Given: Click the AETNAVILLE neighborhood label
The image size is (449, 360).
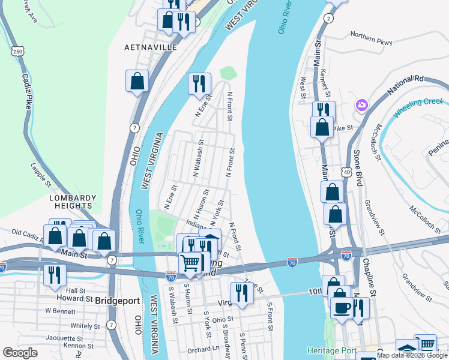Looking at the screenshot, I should [151, 47].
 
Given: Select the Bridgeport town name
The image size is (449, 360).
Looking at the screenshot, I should [118, 298].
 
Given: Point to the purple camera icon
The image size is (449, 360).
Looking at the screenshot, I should [361, 105].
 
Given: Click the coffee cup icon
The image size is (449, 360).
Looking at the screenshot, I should [342, 307].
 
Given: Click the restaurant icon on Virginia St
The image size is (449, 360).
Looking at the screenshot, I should [242, 293].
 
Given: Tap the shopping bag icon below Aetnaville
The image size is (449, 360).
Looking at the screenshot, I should [137, 81].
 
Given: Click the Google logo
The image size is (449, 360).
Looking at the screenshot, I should [20, 353].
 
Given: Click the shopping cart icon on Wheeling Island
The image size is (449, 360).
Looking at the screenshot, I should [191, 262].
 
